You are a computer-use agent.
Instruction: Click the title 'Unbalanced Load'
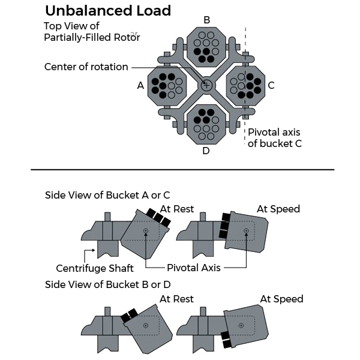[x=108, y=10]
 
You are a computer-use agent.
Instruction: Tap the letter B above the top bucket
[x=206, y=20]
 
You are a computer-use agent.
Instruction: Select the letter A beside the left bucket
[x=140, y=86]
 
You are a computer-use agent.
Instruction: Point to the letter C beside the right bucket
[x=271, y=86]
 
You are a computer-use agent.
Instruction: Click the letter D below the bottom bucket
[x=206, y=151]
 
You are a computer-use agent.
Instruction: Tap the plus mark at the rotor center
[x=206, y=85]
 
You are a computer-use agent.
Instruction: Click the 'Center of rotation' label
[x=86, y=67]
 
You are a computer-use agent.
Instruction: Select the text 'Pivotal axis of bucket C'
[x=274, y=137]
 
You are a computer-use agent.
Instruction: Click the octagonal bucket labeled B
[x=206, y=47]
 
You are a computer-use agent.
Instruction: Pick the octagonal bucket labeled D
[x=206, y=123]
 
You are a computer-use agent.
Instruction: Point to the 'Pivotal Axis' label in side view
[x=194, y=268]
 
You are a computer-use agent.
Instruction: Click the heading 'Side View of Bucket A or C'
[x=107, y=196]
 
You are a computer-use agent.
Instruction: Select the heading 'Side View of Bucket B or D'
[x=108, y=284]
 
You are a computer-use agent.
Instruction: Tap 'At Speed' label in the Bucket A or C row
[x=278, y=209]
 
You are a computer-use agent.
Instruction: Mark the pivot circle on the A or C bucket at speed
[x=246, y=231]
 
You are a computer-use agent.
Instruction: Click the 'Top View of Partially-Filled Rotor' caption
[x=92, y=32]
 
